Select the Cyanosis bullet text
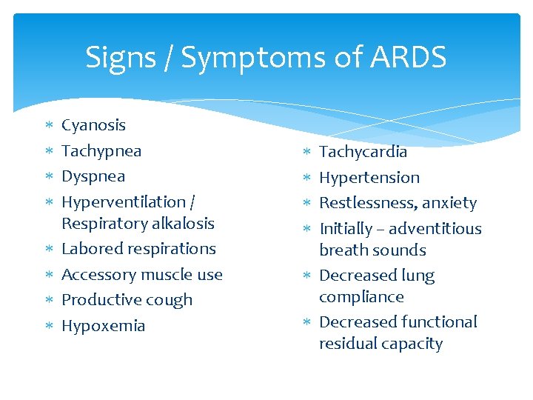(93, 125)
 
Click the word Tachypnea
(101, 151)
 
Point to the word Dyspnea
(93, 176)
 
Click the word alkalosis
(177, 223)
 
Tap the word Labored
(92, 249)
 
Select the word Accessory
(97, 275)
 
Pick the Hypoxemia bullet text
(103, 326)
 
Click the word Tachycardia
(363, 152)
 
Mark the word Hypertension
(369, 178)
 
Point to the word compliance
(361, 297)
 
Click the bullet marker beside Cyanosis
(48, 126)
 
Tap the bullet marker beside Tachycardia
(306, 153)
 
